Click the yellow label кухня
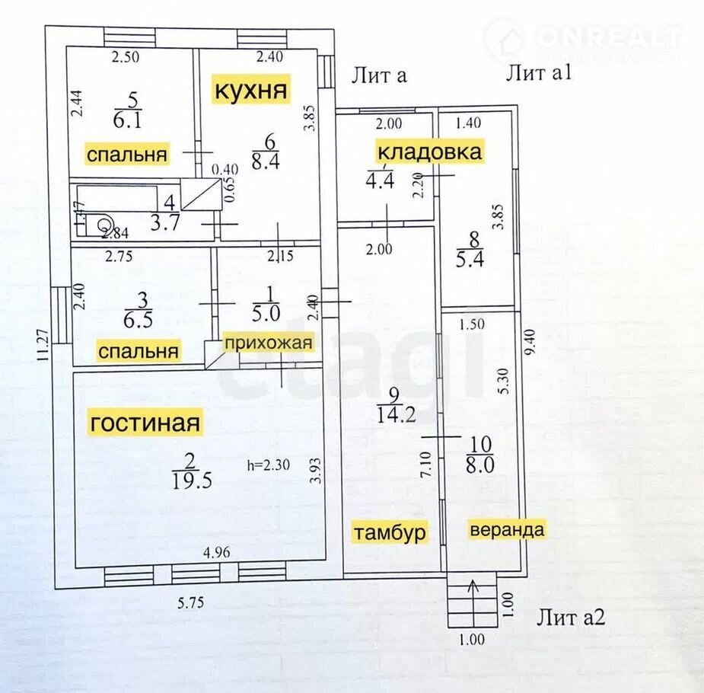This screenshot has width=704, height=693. click(x=252, y=91)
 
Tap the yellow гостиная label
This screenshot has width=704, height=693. click(x=145, y=422)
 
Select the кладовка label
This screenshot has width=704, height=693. click(x=429, y=152)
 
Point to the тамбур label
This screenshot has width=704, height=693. click(x=388, y=531)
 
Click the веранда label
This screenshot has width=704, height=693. click(x=507, y=530)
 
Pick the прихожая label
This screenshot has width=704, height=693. click(x=268, y=343)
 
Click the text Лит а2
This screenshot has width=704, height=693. click(x=571, y=618)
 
